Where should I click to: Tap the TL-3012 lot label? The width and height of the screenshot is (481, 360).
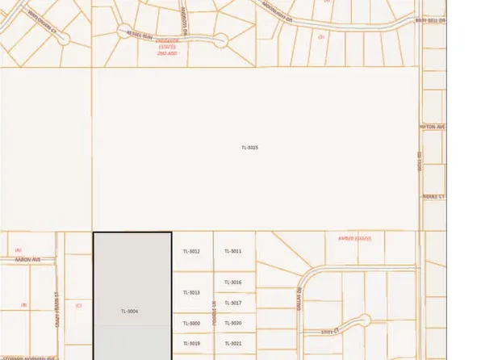pos(191,252)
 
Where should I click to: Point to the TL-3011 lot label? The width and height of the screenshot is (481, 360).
pos(233,252)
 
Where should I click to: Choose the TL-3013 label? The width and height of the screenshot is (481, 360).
pos(191,292)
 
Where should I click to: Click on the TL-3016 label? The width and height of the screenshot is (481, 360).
pos(233,282)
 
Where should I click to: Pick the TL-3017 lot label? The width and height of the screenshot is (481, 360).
pos(233,303)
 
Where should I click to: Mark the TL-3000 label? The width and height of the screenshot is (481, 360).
pos(191,323)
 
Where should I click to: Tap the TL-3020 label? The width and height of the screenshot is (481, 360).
pos(233,323)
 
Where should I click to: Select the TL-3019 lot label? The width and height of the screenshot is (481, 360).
pos(191,343)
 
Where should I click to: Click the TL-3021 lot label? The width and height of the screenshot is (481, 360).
pos(233,343)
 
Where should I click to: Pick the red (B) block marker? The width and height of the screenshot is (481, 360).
pos(24,305)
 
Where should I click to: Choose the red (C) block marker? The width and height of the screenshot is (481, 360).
pos(78,305)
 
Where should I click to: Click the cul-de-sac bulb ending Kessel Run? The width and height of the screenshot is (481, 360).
pos(220,39)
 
